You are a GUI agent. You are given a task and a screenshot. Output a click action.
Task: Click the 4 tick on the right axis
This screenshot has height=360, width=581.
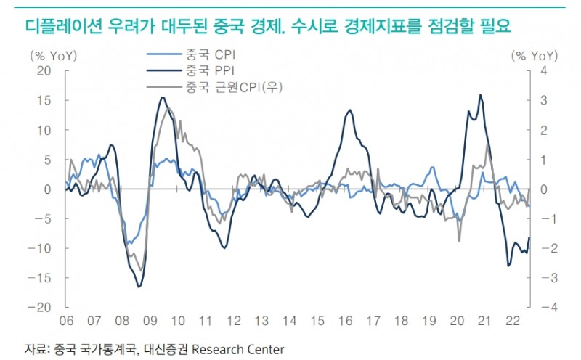(543, 71)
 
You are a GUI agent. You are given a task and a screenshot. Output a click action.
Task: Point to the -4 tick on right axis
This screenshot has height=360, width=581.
(541, 308)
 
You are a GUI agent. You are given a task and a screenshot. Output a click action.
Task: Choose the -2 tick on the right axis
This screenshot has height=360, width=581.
(541, 248)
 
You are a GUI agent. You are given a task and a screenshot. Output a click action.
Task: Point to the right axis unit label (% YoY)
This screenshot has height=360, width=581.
(534, 55)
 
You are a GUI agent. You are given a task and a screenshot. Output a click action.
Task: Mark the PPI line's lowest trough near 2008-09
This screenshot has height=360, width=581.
(139, 287)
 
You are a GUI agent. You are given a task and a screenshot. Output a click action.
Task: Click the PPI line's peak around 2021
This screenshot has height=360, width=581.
(480, 94)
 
